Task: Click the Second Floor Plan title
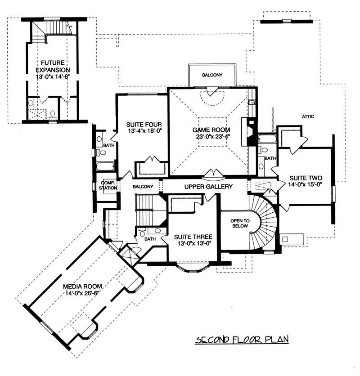241,339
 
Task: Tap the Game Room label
208,130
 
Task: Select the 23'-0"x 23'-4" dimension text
208,138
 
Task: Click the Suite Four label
141,125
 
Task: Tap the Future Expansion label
53,67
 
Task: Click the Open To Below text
237,224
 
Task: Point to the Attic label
308,116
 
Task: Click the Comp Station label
108,185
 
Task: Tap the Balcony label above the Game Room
211,75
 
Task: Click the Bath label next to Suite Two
270,158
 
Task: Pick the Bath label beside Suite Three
150,239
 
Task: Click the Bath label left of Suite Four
108,146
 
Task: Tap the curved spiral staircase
268,220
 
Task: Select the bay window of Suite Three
193,269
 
